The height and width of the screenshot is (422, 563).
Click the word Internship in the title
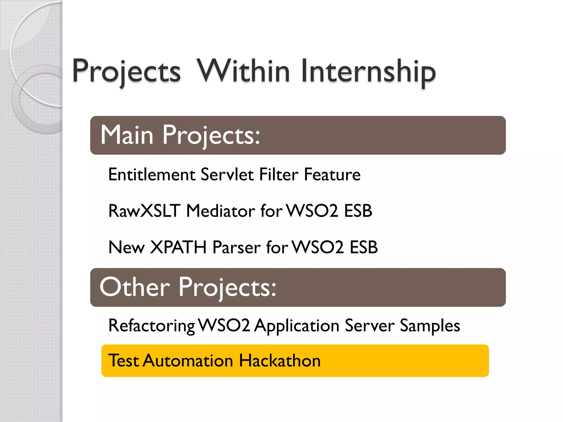tap(368, 72)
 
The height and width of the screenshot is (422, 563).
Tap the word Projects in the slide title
tap(126, 72)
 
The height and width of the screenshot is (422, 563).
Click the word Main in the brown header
tap(127, 135)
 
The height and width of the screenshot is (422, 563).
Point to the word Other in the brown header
tap(135, 287)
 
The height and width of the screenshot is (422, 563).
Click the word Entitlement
tap(152, 175)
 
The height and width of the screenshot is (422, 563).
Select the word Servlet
tap(227, 175)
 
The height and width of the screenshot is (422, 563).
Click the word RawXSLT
tap(144, 211)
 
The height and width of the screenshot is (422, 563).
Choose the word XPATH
tap(178, 247)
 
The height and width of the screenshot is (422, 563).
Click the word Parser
tap(237, 247)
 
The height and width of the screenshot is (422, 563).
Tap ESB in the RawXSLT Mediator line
tap(358, 211)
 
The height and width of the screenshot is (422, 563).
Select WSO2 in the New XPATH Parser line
tap(318, 247)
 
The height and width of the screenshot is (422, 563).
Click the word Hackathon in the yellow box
tap(280, 361)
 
